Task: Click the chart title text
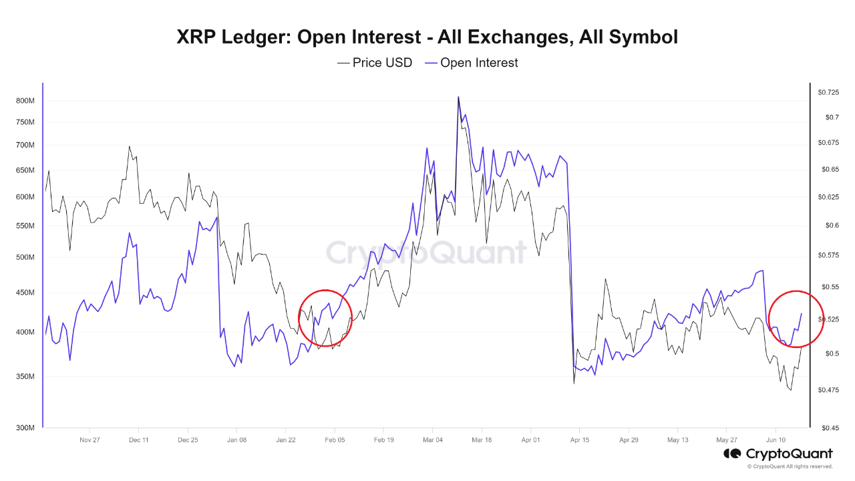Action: pos(427,37)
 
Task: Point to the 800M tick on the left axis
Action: pos(25,101)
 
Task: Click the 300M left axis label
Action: pos(25,428)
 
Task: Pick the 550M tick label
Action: pos(25,226)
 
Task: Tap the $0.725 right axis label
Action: pos(829,92)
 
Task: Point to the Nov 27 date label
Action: pos(90,440)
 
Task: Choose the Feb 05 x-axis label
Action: pos(335,440)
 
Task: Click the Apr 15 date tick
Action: pos(580,440)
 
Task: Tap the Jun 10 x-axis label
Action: pos(776,440)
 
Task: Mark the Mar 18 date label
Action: pos(482,440)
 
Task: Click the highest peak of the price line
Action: pos(458,97)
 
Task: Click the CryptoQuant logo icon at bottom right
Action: pos(733,454)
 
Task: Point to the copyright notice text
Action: pos(790,466)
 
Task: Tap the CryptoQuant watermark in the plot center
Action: pos(426,253)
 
